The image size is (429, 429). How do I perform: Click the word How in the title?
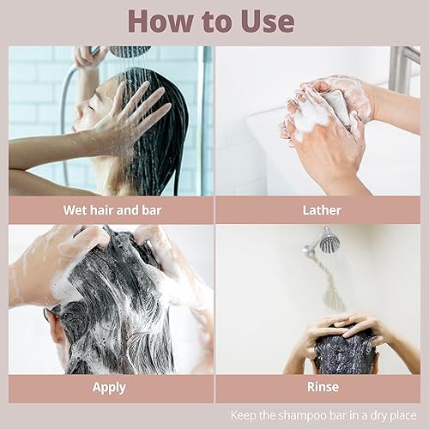[x=163, y=21]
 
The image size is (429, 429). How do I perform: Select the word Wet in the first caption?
[x=76, y=209]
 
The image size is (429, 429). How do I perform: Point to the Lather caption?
[x=322, y=209]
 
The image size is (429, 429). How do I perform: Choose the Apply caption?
[x=110, y=387]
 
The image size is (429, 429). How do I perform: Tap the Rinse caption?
[x=322, y=387]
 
